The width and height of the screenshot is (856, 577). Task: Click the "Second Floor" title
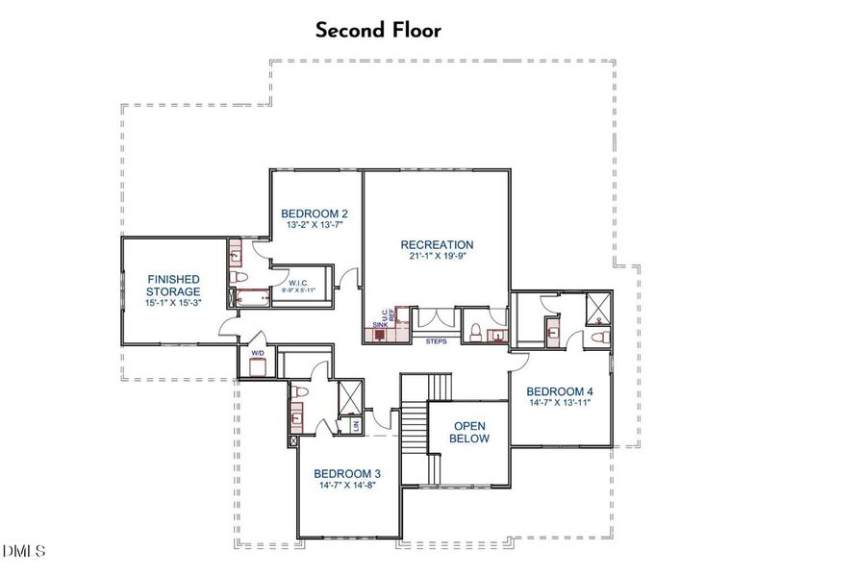tap(378, 30)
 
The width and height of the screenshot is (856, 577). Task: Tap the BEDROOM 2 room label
tap(314, 213)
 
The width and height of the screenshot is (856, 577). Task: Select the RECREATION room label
tap(437, 245)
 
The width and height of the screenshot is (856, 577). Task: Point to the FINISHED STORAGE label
tap(173, 285)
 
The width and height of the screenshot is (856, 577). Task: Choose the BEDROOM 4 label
tap(559, 391)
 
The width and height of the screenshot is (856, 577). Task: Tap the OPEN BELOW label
tap(471, 432)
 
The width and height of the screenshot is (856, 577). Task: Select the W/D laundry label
tap(257, 353)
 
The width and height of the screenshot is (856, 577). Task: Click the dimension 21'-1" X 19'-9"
tap(437, 258)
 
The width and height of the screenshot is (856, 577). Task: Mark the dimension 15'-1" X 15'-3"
tap(173, 304)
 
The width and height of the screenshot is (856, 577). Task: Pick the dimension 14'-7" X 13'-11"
tap(559, 404)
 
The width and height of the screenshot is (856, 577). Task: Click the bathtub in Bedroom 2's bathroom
tap(252, 297)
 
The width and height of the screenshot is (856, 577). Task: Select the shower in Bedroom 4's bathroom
tap(600, 307)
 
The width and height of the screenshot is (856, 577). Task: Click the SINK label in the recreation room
tap(380, 326)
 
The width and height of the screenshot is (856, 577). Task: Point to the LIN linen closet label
tap(357, 423)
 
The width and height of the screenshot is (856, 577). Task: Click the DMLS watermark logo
tap(24, 551)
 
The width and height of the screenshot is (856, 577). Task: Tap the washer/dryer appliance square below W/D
tap(256, 367)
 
